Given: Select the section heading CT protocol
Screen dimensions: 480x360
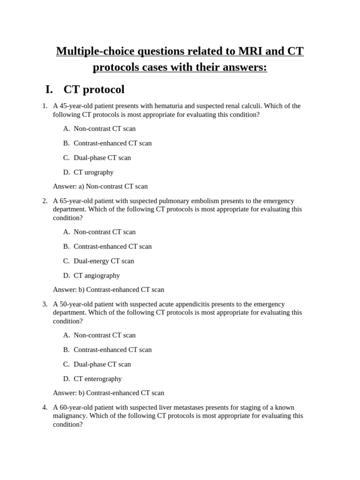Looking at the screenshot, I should pyautogui.click(x=94, y=90).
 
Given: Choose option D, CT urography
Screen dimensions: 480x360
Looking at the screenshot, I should pyautogui.click(x=93, y=172).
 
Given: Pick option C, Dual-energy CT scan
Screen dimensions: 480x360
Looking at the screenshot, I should pyautogui.click(x=104, y=261).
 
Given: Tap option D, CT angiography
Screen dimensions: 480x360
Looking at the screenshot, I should pyautogui.click(x=97, y=276).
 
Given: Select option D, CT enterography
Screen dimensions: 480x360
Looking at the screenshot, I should pyautogui.click(x=97, y=379).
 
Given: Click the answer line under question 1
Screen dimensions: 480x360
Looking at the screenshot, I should pyautogui.click(x=100, y=187).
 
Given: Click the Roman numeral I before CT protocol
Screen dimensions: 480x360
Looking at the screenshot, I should pyautogui.click(x=49, y=90).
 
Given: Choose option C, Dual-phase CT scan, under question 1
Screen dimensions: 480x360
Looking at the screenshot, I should pyautogui.click(x=102, y=157).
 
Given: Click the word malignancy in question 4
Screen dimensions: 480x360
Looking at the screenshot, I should pyautogui.click(x=69, y=416).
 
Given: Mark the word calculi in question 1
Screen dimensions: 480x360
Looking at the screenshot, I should pyautogui.click(x=289, y=106).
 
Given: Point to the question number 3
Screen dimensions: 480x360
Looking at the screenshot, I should pyautogui.click(x=45, y=304).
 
